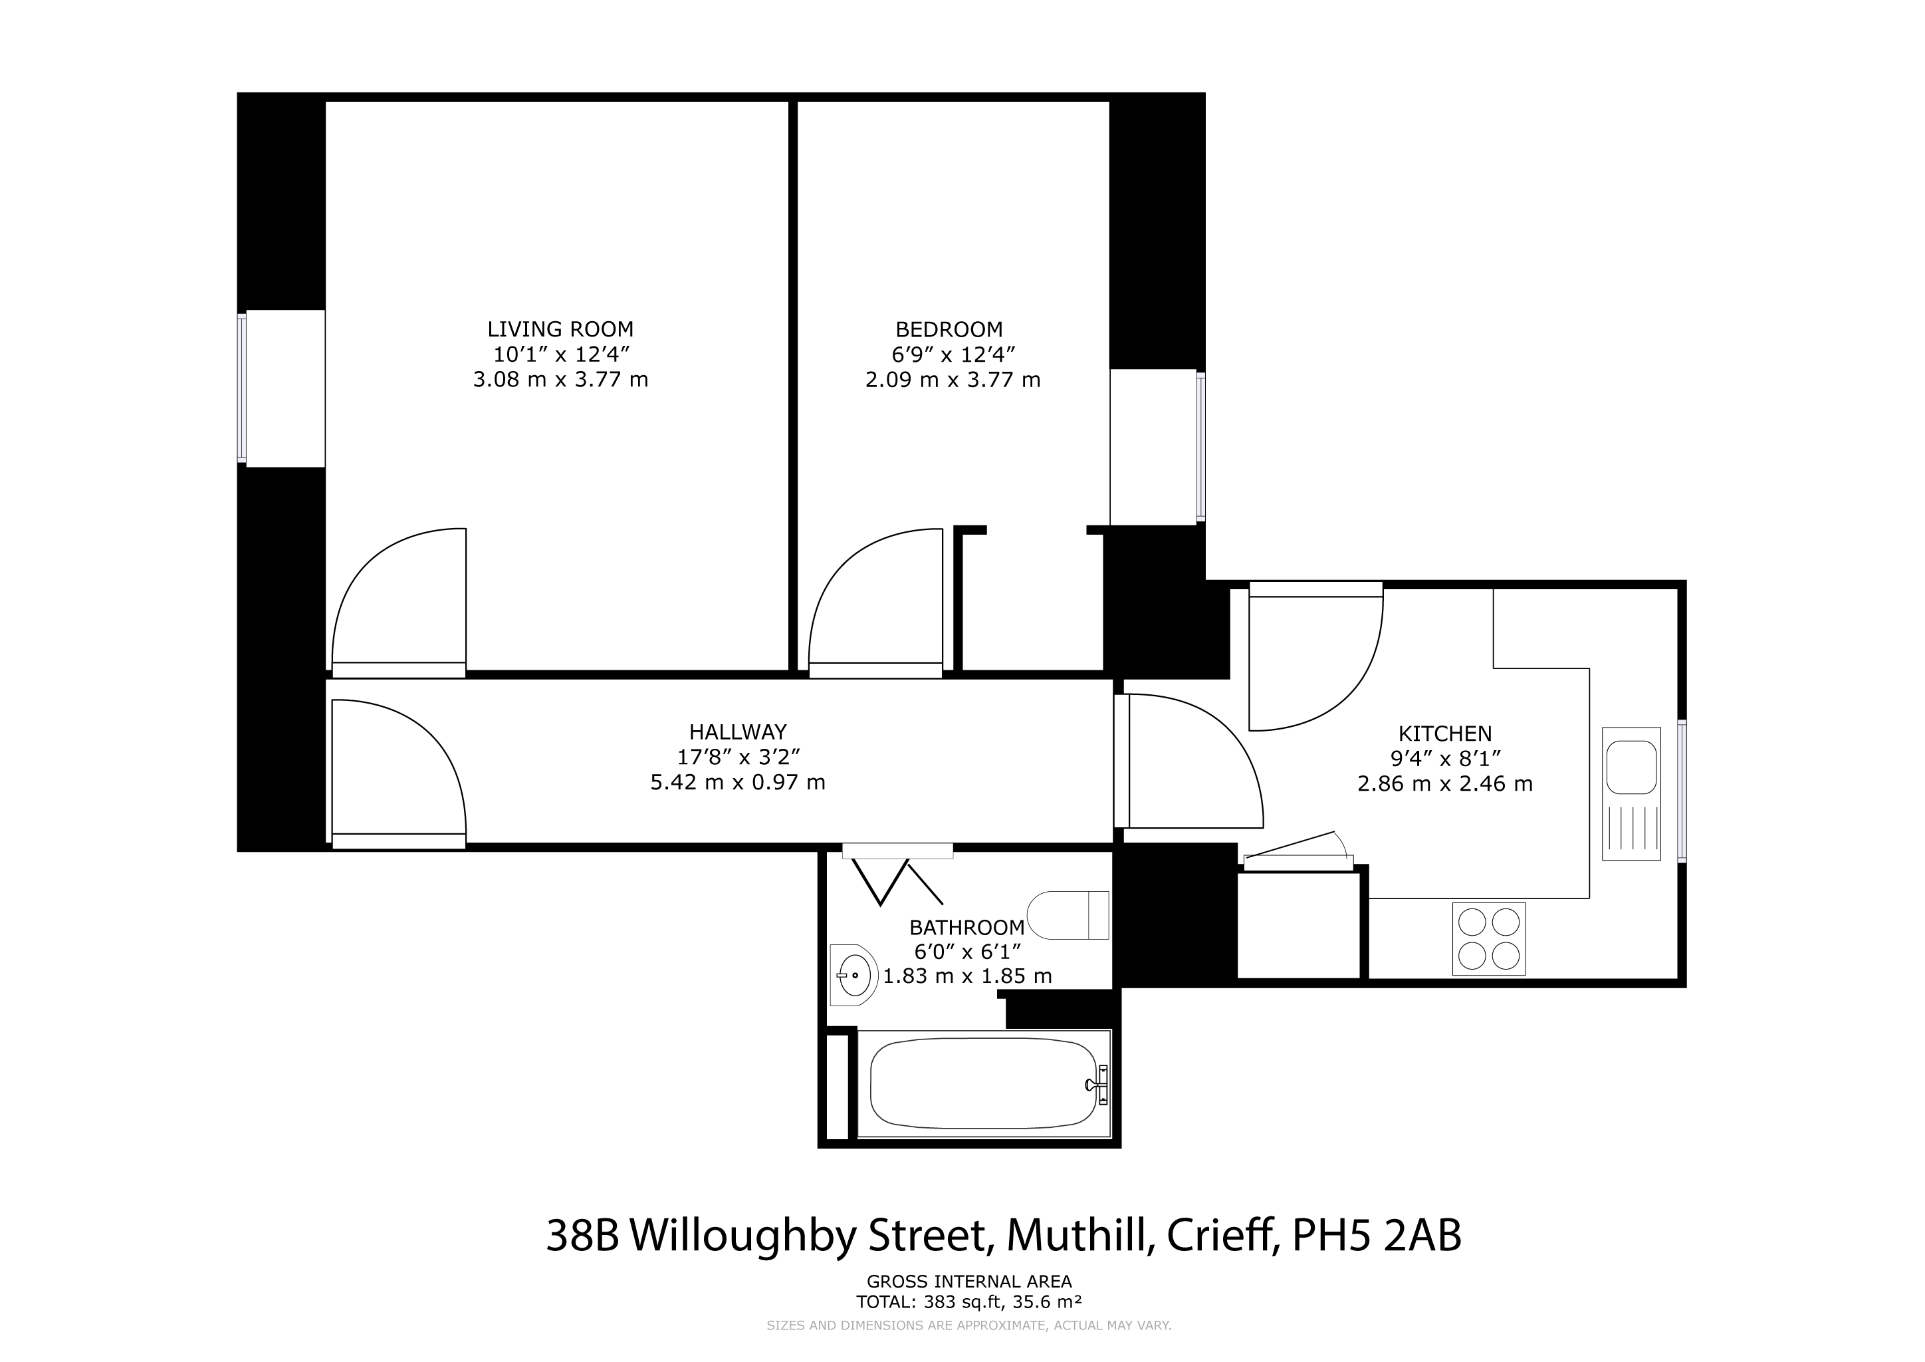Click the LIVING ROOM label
560,330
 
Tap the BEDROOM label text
949,330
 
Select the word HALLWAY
738,732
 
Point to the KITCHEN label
1446,734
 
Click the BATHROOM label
966,928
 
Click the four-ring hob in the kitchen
1489,938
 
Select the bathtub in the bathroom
984,1083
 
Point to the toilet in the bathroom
1068,915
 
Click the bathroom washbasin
853,976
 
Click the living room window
243,388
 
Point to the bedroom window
1200,446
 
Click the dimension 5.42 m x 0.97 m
738,783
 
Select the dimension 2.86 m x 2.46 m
1446,784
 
